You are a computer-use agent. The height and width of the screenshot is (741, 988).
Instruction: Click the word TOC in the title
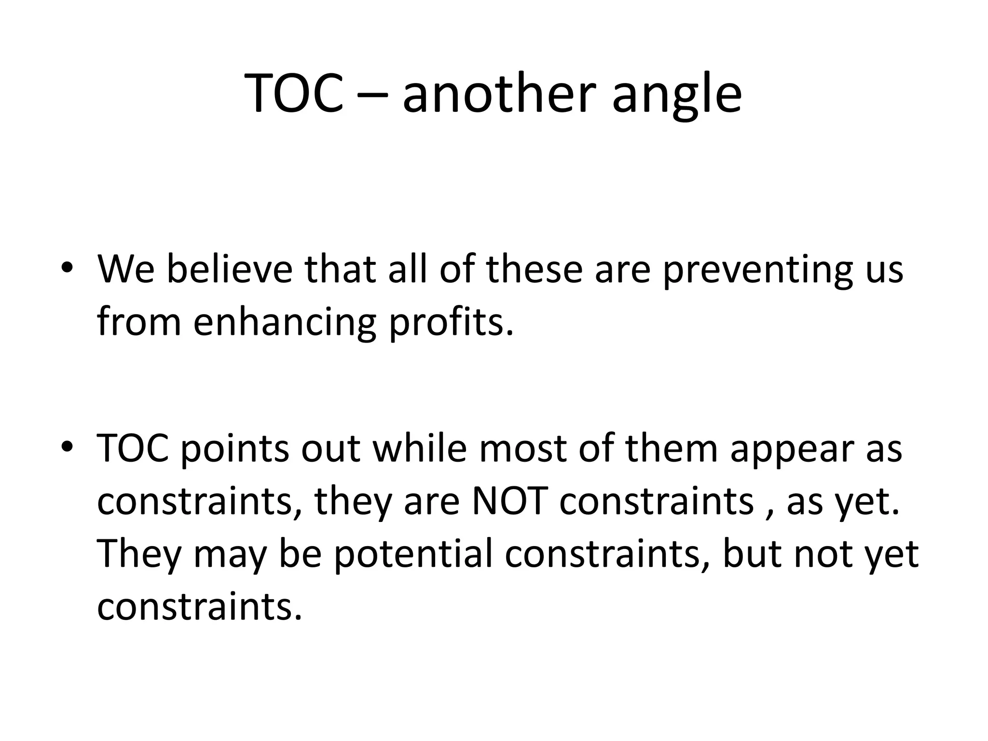pos(295,93)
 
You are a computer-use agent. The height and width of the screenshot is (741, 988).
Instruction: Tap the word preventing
pos(757,270)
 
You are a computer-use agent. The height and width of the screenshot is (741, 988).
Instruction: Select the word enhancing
pos(285,323)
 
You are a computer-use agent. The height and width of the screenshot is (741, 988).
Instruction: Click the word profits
pos(451,322)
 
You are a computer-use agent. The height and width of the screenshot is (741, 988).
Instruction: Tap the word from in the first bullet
pos(139,322)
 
